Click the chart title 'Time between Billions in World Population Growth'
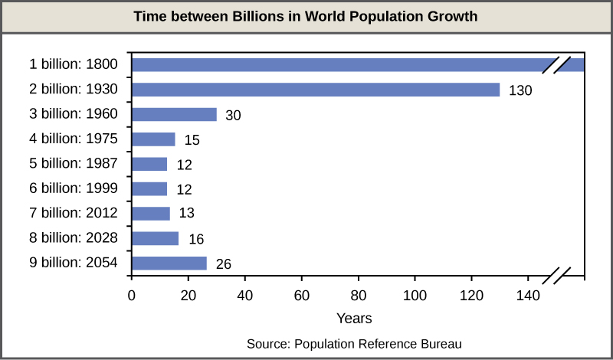(x=306, y=16)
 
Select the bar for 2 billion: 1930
(x=315, y=90)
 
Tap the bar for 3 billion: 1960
(x=174, y=115)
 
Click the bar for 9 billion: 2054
(x=169, y=263)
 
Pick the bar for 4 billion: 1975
(x=153, y=139)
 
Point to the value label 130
(x=520, y=90)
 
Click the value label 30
(x=232, y=116)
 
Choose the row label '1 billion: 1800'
(x=73, y=64)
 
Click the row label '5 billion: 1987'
(x=73, y=164)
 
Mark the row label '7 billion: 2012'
(x=73, y=214)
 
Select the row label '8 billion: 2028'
(x=73, y=238)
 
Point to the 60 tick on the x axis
(x=302, y=294)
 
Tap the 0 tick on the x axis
(x=132, y=294)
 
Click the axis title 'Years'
(x=354, y=316)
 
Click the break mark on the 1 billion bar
(x=557, y=64)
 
